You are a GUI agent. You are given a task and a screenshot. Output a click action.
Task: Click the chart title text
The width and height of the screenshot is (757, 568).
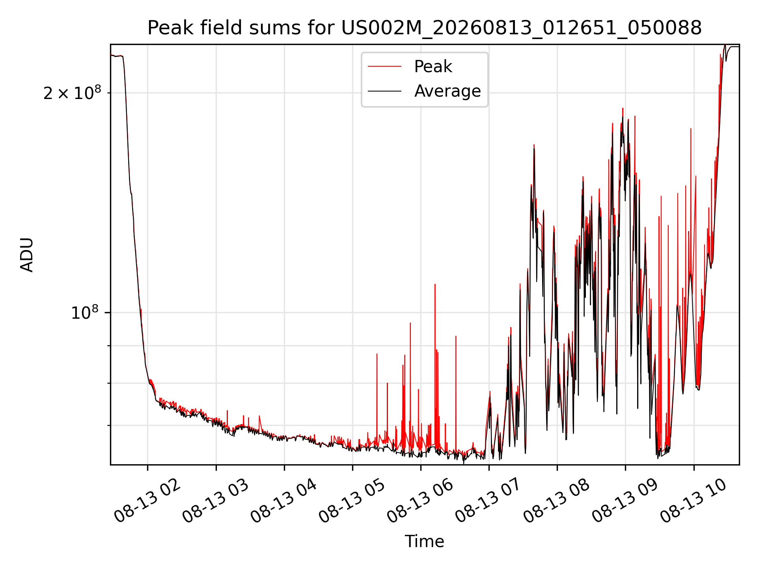click(425, 28)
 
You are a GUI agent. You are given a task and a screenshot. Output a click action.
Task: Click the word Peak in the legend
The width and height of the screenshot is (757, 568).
click(433, 67)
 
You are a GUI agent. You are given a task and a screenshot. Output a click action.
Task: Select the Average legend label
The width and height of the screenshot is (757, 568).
click(447, 91)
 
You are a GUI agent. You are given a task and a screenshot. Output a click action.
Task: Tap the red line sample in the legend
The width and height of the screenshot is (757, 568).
click(384, 67)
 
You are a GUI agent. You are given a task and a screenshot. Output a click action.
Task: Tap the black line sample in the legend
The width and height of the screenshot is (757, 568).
click(384, 91)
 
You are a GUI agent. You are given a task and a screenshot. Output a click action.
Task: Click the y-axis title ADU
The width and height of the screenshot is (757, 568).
click(27, 255)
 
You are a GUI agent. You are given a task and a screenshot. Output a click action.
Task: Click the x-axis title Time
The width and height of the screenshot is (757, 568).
click(425, 542)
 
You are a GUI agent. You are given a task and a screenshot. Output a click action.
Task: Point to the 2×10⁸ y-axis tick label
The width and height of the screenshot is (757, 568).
click(72, 93)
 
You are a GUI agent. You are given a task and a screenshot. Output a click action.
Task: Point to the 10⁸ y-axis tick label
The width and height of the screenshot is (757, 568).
click(84, 312)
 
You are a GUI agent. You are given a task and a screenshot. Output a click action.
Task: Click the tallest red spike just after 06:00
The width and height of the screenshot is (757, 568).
click(435, 284)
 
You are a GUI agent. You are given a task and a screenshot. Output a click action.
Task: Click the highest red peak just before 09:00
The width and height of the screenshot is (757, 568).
click(623, 108)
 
